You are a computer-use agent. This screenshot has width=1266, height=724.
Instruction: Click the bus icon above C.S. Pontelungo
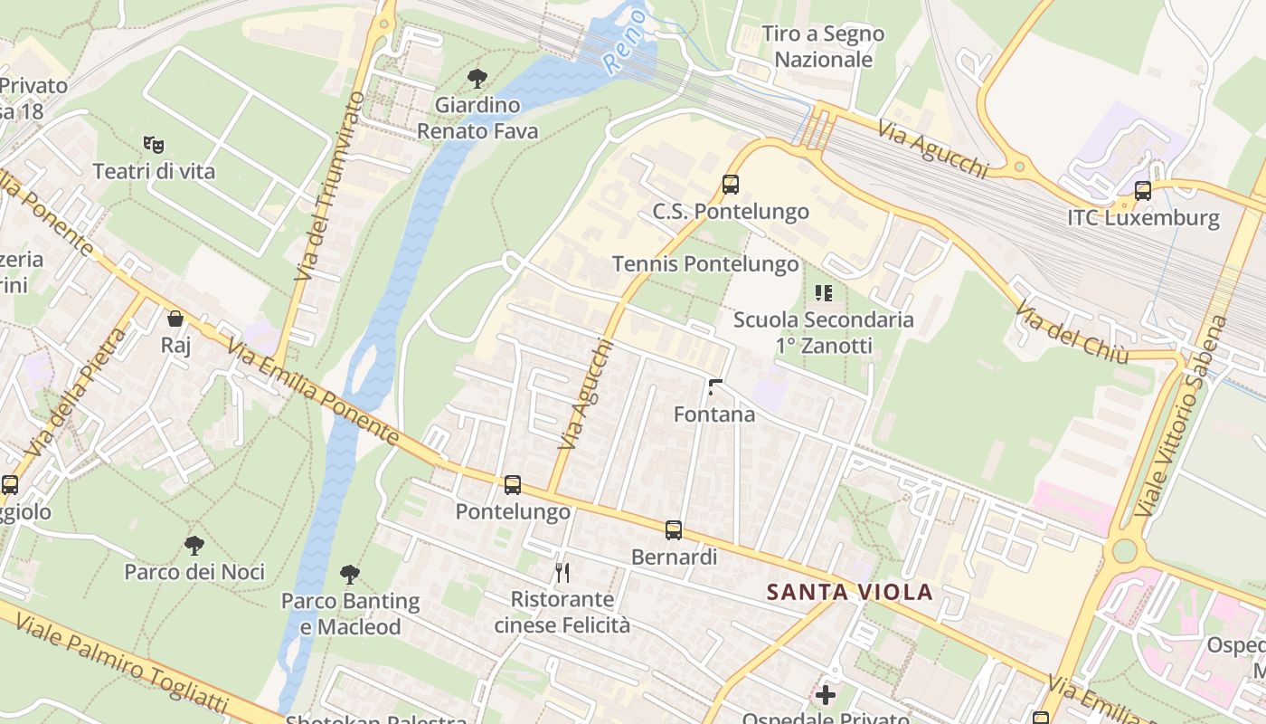pyautogui.click(x=731, y=185)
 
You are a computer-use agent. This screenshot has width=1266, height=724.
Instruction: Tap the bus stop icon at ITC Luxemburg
pyautogui.click(x=1143, y=191)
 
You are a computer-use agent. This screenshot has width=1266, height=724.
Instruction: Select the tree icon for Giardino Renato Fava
pyautogui.click(x=477, y=79)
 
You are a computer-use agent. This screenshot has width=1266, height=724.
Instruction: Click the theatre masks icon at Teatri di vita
pyautogui.click(x=154, y=144)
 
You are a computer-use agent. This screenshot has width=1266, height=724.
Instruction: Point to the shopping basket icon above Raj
pyautogui.click(x=175, y=319)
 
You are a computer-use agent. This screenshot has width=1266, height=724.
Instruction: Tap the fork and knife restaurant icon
pyautogui.click(x=562, y=572)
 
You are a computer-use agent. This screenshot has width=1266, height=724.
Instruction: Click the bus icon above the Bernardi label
pyautogui.click(x=674, y=530)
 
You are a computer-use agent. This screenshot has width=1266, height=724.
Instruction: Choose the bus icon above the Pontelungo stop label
pyautogui.click(x=513, y=485)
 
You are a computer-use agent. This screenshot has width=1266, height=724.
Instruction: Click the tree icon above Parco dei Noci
pyautogui.click(x=194, y=545)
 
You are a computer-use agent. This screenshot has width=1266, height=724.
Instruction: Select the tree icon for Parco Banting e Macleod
pyautogui.click(x=350, y=574)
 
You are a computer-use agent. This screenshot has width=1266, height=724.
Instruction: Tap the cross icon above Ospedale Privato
pyautogui.click(x=826, y=695)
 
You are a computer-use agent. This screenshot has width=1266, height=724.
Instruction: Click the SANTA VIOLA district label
pyautogui.click(x=849, y=593)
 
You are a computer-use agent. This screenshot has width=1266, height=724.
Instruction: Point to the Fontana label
pyautogui.click(x=714, y=414)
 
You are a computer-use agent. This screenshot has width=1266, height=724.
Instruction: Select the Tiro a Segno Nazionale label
pyautogui.click(x=823, y=47)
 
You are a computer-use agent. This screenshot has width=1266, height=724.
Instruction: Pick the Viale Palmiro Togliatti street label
pyautogui.click(x=136, y=665)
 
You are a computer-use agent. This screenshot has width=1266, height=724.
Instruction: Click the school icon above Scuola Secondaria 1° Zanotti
pyautogui.click(x=823, y=292)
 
